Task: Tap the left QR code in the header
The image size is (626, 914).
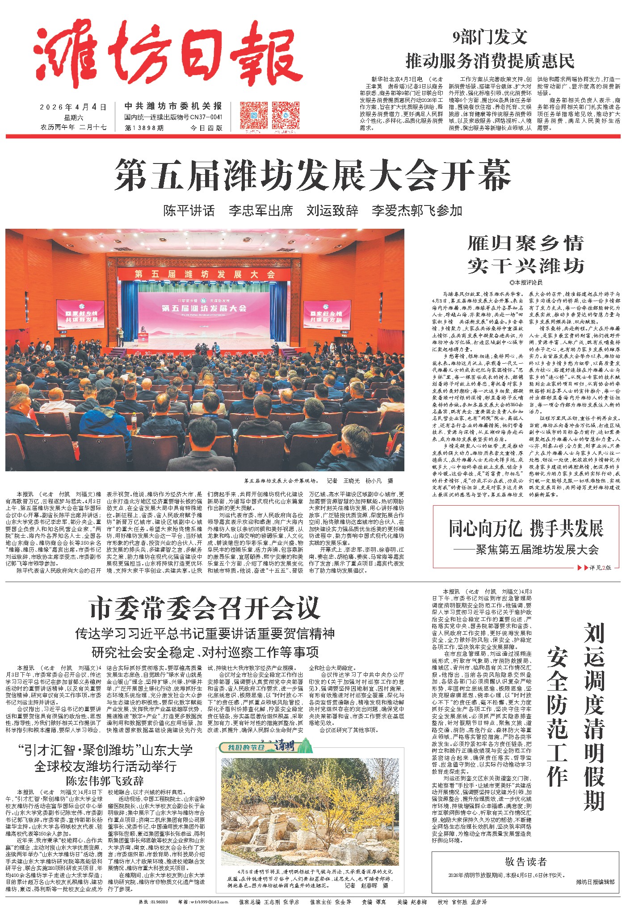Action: pyautogui.click(x=253, y=115)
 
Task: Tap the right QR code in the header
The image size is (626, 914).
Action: pyautogui.click(x=285, y=115)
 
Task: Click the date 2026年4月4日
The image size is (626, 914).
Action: pyautogui.click(x=73, y=107)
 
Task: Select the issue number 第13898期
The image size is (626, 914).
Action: pyautogui.click(x=144, y=128)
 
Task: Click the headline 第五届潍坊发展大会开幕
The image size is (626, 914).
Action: pyautogui.click(x=312, y=175)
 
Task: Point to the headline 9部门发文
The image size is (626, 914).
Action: pyautogui.click(x=490, y=38)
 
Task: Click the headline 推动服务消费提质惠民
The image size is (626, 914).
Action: pyautogui.click(x=490, y=60)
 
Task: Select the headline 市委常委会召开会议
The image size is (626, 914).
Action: pyautogui.click(x=205, y=608)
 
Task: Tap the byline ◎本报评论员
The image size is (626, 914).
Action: pyautogui.click(x=525, y=282)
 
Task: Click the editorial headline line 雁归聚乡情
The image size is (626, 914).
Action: pyautogui.click(x=525, y=244)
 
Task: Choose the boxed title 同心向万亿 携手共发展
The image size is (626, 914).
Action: pyautogui.click(x=526, y=529)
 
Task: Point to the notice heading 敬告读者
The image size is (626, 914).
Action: pyautogui.click(x=525, y=862)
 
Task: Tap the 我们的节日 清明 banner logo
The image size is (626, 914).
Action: pyautogui.click(x=265, y=746)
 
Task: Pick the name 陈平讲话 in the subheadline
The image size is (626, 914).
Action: pyautogui.click(x=189, y=210)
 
